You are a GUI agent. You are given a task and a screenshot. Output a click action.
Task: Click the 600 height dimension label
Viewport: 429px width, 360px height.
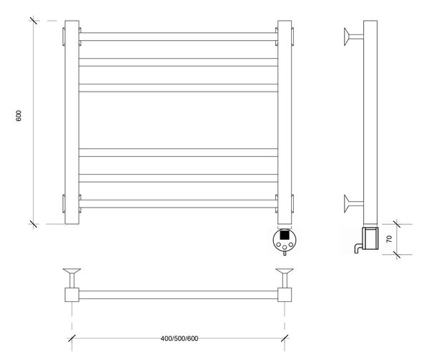click(19, 116)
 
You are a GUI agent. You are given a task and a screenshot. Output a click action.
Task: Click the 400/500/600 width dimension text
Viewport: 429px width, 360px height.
click(179, 339)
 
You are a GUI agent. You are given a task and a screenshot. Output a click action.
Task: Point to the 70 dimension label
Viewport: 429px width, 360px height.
click(389, 239)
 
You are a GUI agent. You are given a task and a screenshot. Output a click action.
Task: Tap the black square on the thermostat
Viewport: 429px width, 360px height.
click(285, 235)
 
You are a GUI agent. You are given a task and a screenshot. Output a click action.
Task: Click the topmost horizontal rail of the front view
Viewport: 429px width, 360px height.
click(178, 37)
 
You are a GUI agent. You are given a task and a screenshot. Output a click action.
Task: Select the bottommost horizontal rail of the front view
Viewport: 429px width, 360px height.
click(178, 204)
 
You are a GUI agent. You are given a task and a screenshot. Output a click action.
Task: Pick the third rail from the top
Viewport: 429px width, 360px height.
click(178, 88)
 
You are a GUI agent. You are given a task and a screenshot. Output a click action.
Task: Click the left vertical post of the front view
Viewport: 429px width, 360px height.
click(72, 122)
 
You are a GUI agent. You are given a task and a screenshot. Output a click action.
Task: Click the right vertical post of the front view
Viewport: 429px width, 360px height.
click(285, 122)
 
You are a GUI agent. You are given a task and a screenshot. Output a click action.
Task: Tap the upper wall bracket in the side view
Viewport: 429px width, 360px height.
click(353, 37)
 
